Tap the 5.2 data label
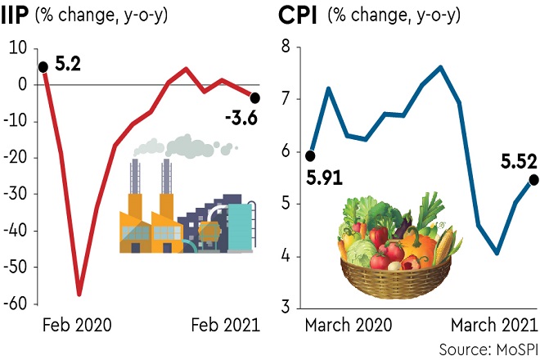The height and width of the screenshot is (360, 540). tap(69, 62)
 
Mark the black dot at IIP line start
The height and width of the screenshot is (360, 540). tap(43, 67)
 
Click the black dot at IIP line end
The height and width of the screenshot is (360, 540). tap(256, 97)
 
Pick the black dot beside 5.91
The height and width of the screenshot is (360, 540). tap(311, 155)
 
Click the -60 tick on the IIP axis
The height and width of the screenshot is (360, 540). tap(16, 304)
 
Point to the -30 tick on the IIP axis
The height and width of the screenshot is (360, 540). tap(16, 195)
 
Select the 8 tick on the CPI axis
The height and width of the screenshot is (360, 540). tap(286, 47)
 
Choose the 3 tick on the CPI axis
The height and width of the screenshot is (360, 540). tap(286, 308)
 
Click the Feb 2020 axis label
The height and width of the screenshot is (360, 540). tap(76, 324)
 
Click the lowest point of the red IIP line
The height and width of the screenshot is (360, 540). tap(79, 294)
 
